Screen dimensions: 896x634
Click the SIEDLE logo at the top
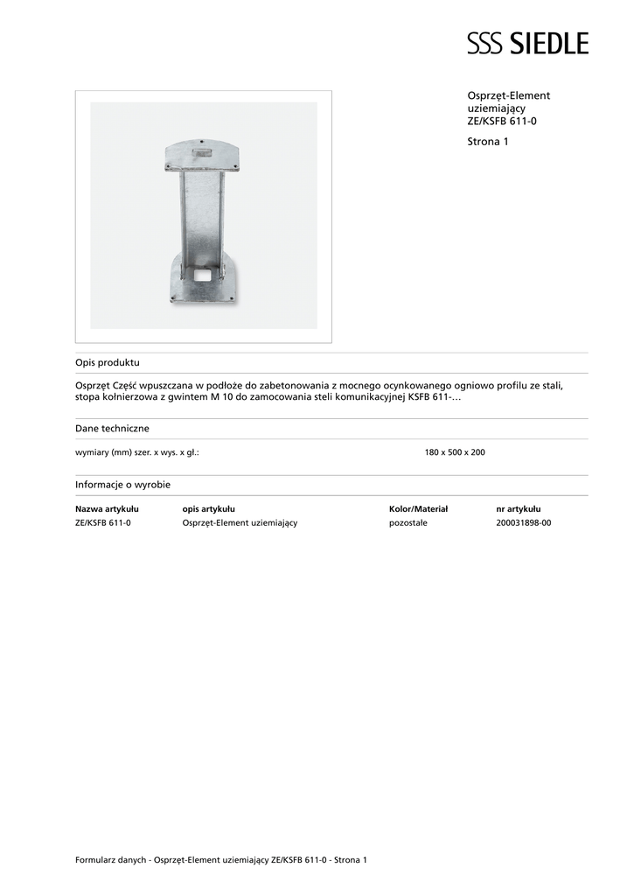click(x=527, y=43)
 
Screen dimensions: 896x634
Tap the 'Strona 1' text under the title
click(x=488, y=141)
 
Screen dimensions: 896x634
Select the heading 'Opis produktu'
click(x=108, y=362)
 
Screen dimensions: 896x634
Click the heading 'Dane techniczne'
click(x=112, y=429)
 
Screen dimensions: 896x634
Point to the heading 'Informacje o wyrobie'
click(x=122, y=484)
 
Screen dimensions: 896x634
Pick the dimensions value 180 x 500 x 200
click(x=454, y=452)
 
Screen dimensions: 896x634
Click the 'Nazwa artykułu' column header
click(x=107, y=508)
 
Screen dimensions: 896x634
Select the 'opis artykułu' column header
click(x=208, y=508)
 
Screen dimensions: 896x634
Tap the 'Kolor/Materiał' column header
click(x=418, y=508)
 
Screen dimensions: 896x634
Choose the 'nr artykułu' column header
click(x=518, y=508)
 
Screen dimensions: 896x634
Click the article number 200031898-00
click(x=523, y=522)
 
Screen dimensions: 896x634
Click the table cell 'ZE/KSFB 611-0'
click(x=103, y=522)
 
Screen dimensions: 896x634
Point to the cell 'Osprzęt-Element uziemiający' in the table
click(x=240, y=522)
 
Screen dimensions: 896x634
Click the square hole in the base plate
click(x=203, y=275)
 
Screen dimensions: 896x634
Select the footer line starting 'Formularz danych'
click(x=221, y=860)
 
